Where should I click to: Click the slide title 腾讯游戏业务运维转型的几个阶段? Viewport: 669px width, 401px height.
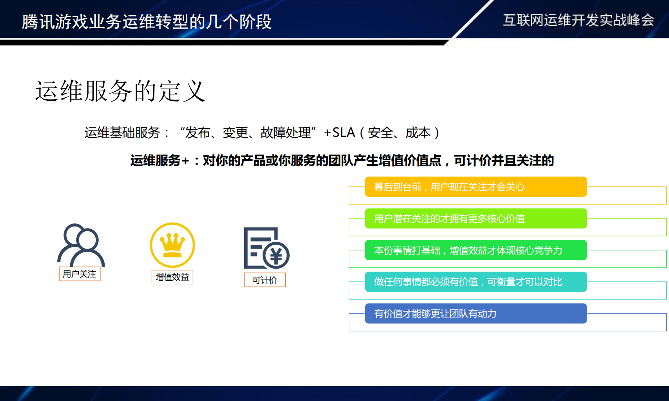pyautogui.click(x=147, y=22)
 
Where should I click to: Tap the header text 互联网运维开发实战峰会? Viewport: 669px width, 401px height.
pyautogui.click(x=578, y=20)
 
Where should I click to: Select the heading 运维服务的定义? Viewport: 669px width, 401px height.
pyautogui.click(x=120, y=91)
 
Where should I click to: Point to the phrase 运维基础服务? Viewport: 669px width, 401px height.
pyautogui.click(x=122, y=133)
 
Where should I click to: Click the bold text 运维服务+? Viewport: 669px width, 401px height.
pyautogui.click(x=160, y=161)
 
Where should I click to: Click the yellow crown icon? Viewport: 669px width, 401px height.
pyautogui.click(x=172, y=245)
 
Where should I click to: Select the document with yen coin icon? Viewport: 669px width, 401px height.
pyautogui.click(x=266, y=248)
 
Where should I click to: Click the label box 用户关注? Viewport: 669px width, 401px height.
pyautogui.click(x=80, y=274)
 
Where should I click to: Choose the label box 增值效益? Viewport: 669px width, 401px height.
pyautogui.click(x=172, y=277)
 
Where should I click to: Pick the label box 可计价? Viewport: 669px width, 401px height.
pyautogui.click(x=265, y=280)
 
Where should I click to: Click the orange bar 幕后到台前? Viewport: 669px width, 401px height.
pyautogui.click(x=475, y=187)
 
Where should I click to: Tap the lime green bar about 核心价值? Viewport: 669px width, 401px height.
pyautogui.click(x=475, y=218)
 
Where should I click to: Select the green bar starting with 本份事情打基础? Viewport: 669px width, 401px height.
pyautogui.click(x=475, y=250)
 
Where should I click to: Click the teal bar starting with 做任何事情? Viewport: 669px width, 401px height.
pyautogui.click(x=475, y=282)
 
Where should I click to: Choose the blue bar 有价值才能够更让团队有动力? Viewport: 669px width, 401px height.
pyautogui.click(x=475, y=314)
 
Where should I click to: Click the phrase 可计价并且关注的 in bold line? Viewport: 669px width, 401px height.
pyautogui.click(x=504, y=161)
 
